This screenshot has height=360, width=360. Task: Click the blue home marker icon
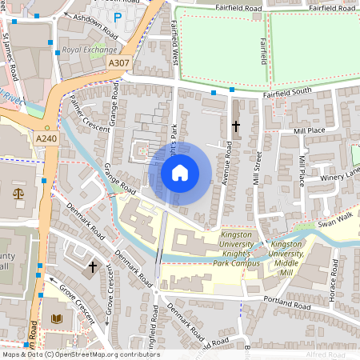(180, 172)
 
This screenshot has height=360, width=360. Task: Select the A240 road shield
(47, 139)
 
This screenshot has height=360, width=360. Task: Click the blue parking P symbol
(118, 17)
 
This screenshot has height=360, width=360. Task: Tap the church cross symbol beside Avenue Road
(236, 126)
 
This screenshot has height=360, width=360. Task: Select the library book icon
(55, 318)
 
